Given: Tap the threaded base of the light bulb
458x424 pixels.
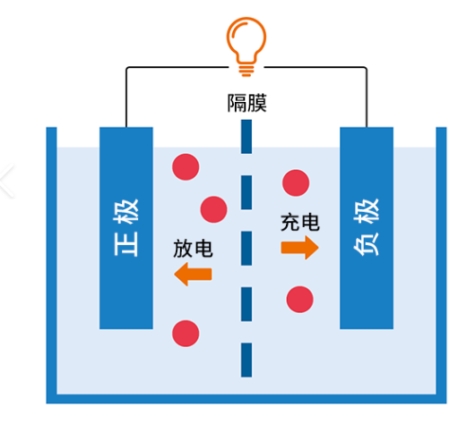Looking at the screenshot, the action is tap(246, 71).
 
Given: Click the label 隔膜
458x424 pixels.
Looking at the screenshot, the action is tap(246, 103).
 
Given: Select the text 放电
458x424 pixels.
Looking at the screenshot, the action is tap(193, 249).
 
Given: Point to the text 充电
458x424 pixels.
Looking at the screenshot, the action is tap(300, 222).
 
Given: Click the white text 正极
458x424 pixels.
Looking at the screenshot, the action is tap(126, 227).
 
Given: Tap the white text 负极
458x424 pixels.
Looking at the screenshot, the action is tap(367, 227).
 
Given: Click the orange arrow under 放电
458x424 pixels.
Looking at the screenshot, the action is tap(193, 274).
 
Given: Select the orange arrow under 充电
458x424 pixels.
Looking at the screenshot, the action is tap(299, 248).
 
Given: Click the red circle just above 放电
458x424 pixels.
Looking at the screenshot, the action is tap(213, 209).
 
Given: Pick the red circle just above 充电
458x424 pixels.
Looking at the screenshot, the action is tap(296, 182).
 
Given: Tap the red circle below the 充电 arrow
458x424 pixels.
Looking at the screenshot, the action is tap(299, 300).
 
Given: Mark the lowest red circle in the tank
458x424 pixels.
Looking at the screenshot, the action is tap(186, 334).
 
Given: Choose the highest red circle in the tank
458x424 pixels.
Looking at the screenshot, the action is tap(186, 167).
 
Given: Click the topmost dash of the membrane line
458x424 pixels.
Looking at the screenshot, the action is tap(246, 137).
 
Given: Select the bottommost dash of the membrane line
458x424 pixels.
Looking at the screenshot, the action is tap(246, 360).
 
